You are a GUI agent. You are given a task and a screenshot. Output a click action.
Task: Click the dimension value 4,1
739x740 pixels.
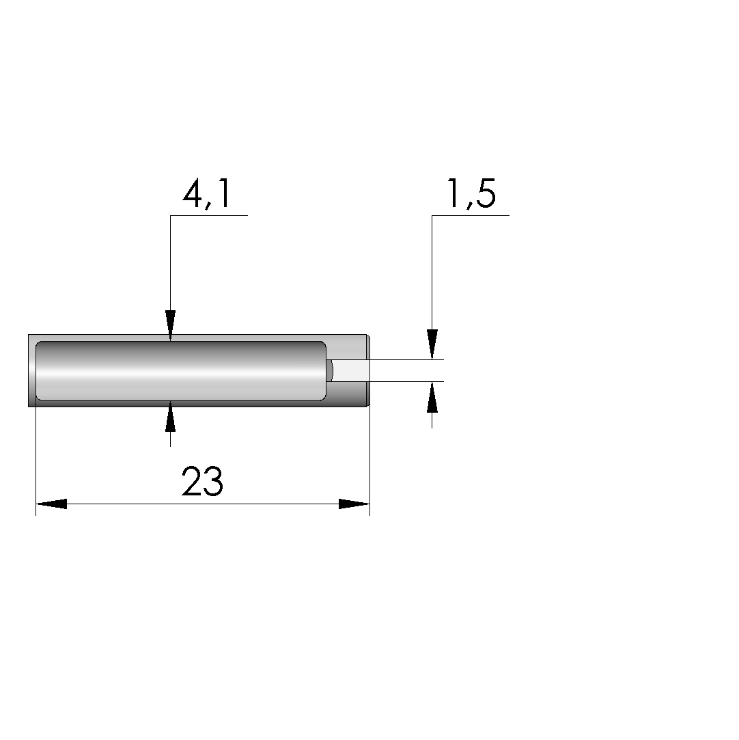(206, 193)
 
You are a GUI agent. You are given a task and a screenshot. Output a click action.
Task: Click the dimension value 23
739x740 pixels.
(202, 481)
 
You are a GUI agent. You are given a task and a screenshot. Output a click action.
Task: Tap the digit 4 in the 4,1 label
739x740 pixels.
(192, 193)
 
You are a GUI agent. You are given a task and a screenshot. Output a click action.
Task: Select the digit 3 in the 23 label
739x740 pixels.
(213, 482)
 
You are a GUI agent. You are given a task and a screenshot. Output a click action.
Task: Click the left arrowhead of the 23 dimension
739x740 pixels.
(51, 504)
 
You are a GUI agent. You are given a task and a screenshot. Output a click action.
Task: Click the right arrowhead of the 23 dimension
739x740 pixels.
(354, 504)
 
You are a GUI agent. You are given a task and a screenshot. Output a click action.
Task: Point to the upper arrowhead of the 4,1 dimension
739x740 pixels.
(170, 325)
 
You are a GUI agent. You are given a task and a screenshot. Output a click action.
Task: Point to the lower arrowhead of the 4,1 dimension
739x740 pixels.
(170, 416)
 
